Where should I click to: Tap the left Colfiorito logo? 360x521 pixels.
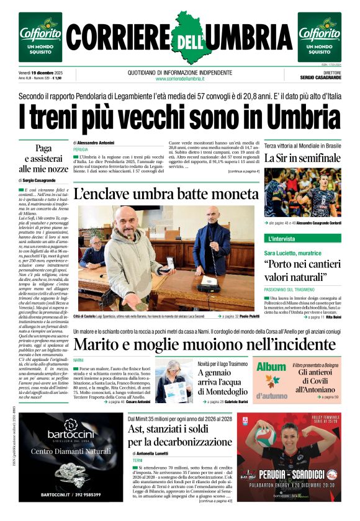pos(40,37)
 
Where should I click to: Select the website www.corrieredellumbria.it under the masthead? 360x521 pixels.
pos(180,79)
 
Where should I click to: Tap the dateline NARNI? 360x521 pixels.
pos(79,360)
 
